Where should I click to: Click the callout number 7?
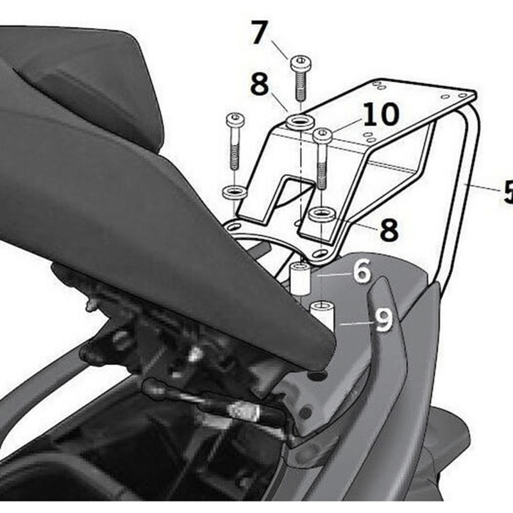pyautogui.click(x=258, y=33)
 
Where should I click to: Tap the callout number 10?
pyautogui.click(x=380, y=115)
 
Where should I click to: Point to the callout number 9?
pyautogui.click(x=383, y=320)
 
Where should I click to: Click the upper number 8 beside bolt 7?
pyautogui.click(x=259, y=85)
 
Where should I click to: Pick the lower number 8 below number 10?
pyautogui.click(x=389, y=230)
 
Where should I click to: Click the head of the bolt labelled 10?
pyautogui.click(x=322, y=135)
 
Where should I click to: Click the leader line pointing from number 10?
pyautogui.click(x=346, y=128)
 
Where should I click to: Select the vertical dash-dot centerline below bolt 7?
pyautogui.click(x=299, y=173)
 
